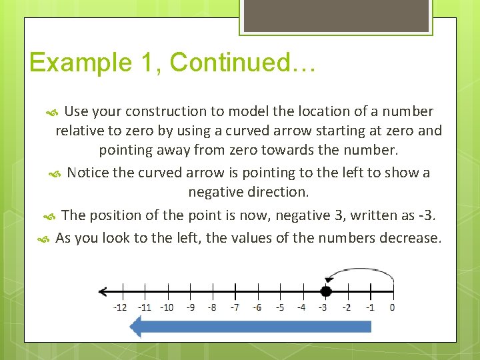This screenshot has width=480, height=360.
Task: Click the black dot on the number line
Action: point(325,291)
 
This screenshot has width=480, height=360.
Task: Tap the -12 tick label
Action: point(120,307)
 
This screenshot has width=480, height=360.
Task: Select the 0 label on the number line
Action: point(392,307)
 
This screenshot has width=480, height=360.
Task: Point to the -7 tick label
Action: point(235,307)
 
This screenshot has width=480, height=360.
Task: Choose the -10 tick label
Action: point(167,307)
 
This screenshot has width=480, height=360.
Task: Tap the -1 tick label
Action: point(369,307)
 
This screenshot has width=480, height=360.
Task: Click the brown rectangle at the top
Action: point(335,15)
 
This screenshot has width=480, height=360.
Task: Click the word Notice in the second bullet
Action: point(88,173)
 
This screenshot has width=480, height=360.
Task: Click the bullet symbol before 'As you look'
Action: point(43,239)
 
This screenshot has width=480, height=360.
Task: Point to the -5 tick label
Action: point(280,307)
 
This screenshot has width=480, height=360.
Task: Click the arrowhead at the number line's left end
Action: point(102,291)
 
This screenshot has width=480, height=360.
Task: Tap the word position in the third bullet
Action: point(115,215)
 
